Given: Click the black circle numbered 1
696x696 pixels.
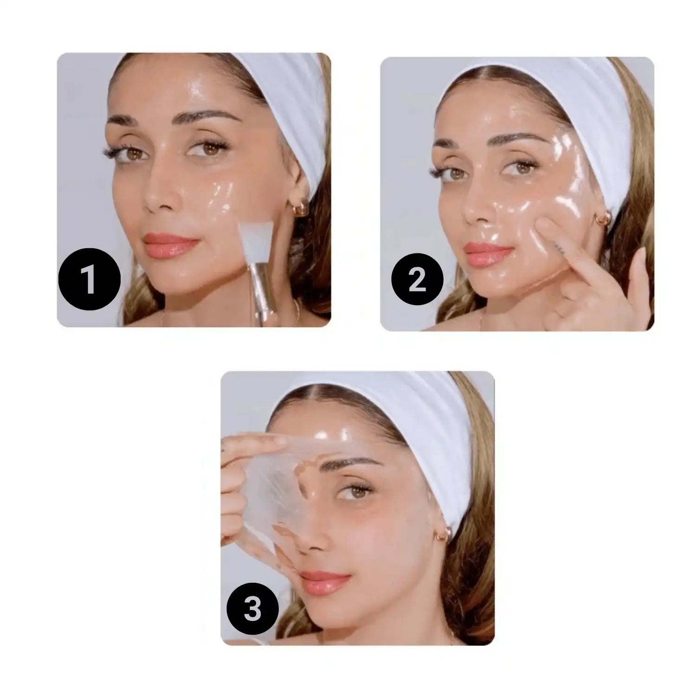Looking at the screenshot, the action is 90,279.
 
